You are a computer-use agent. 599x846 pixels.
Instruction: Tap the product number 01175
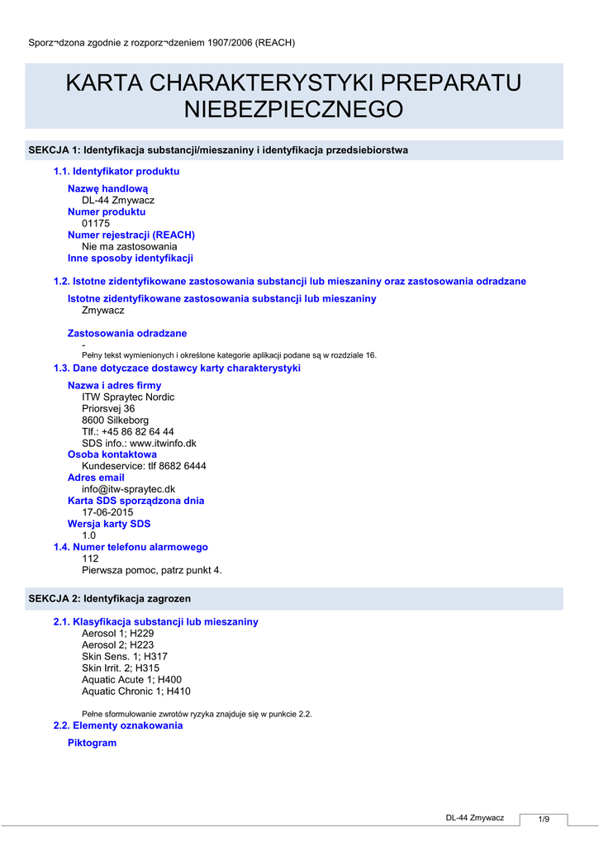click(x=96, y=223)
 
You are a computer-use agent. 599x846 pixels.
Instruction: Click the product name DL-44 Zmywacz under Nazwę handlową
click(x=118, y=200)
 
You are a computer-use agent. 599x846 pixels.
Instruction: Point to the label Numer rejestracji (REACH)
click(x=131, y=235)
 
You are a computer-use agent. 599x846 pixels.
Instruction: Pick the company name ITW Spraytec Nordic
click(x=128, y=397)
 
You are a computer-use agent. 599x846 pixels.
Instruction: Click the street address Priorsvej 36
click(x=108, y=408)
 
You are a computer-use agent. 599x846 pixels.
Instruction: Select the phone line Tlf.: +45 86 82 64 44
click(x=128, y=431)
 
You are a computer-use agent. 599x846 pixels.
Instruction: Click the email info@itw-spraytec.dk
click(x=128, y=489)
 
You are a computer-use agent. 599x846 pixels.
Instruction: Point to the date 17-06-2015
click(x=107, y=512)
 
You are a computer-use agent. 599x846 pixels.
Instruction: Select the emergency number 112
click(x=90, y=558)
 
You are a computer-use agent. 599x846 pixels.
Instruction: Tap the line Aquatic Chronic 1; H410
click(x=136, y=691)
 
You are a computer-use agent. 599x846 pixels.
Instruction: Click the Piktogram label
click(x=92, y=743)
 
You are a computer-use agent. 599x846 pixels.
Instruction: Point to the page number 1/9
click(x=544, y=819)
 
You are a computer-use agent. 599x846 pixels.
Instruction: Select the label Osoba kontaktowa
click(x=112, y=454)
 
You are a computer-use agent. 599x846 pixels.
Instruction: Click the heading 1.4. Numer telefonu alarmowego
click(x=131, y=547)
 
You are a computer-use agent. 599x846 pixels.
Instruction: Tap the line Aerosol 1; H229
click(x=117, y=633)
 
